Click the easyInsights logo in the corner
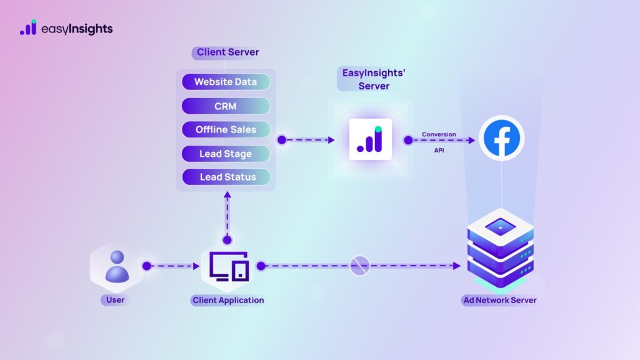pyautogui.click(x=66, y=28)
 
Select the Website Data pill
pyautogui.click(x=226, y=82)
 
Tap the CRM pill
pyautogui.click(x=226, y=106)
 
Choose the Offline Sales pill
pyautogui.click(x=226, y=129)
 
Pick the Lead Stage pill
pyautogui.click(x=226, y=153)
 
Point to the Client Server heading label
pyautogui.click(x=227, y=52)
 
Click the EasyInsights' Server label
pyautogui.click(x=374, y=79)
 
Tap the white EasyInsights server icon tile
pyautogui.click(x=371, y=139)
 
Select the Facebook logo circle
pyautogui.click(x=502, y=139)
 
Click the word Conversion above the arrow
pyautogui.click(x=439, y=134)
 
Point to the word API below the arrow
pyautogui.click(x=439, y=150)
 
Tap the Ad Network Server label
pyautogui.click(x=500, y=300)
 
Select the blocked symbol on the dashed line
pyautogui.click(x=360, y=266)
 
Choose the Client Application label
pyautogui.click(x=227, y=300)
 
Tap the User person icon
pyautogui.click(x=116, y=266)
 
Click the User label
pyautogui.click(x=116, y=300)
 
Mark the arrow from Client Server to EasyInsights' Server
pyautogui.click(x=306, y=139)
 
